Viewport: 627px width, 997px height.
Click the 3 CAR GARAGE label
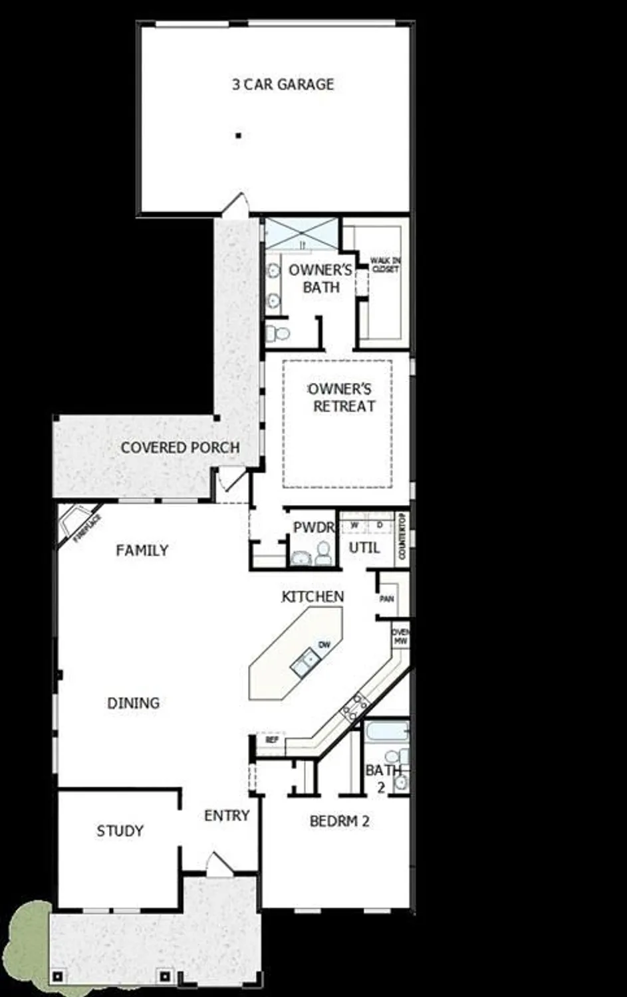coord(283,84)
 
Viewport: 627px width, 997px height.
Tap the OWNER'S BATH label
coord(320,278)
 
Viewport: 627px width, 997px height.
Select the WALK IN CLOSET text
coord(385,265)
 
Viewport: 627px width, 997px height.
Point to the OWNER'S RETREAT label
coord(341,397)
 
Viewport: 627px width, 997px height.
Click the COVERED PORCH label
coord(180,447)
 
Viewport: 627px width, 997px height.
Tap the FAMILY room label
coord(142,550)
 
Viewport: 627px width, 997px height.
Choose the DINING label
coord(134,703)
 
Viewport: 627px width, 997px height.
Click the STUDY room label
coord(120,831)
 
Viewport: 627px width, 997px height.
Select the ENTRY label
coord(227,816)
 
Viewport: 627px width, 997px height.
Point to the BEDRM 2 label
coord(339,822)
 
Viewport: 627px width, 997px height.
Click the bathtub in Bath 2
coord(386,732)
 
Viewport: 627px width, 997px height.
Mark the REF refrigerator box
coord(271,740)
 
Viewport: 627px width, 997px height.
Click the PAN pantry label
coord(386,599)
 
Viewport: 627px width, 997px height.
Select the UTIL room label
coord(364,548)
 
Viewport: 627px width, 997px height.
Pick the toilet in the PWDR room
coord(324,552)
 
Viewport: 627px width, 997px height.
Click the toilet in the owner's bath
coord(277,332)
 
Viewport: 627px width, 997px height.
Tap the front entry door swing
coord(218,863)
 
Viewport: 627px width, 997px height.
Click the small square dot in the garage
coord(238,136)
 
